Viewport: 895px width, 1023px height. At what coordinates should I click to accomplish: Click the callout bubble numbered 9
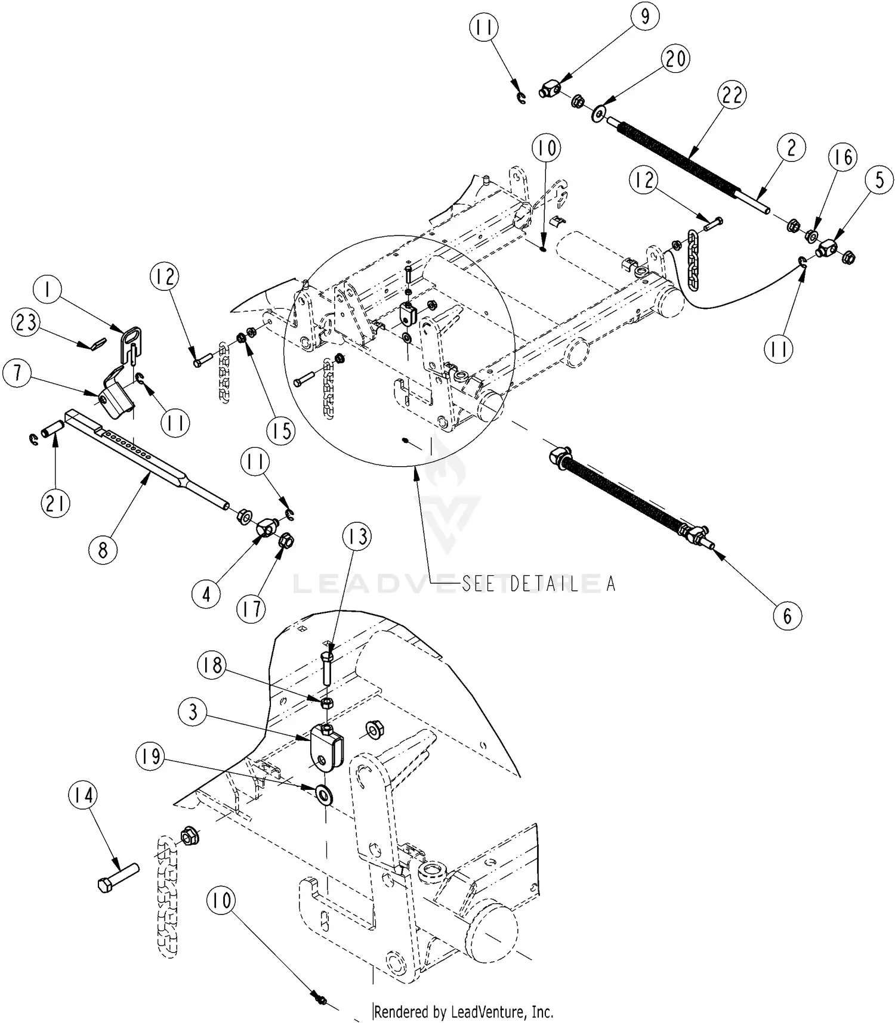(645, 17)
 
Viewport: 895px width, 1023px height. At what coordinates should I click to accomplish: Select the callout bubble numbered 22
(732, 95)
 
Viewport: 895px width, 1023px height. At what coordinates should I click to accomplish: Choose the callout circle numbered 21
(55, 504)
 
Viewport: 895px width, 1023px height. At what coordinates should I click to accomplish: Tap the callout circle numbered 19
(151, 757)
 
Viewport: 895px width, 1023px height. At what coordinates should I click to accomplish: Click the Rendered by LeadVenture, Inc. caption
(464, 1012)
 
